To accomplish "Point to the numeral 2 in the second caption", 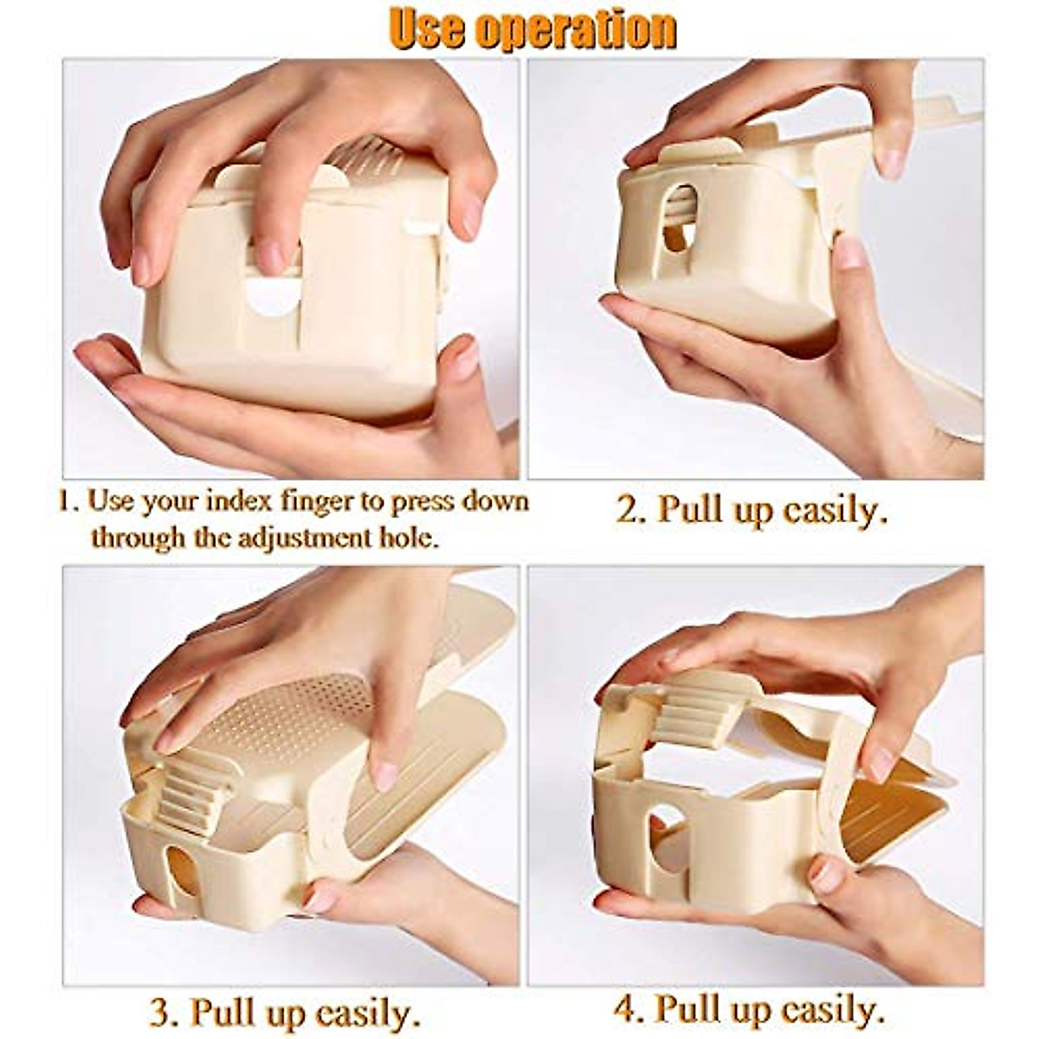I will point(626,510).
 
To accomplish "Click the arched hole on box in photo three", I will point(179,879).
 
